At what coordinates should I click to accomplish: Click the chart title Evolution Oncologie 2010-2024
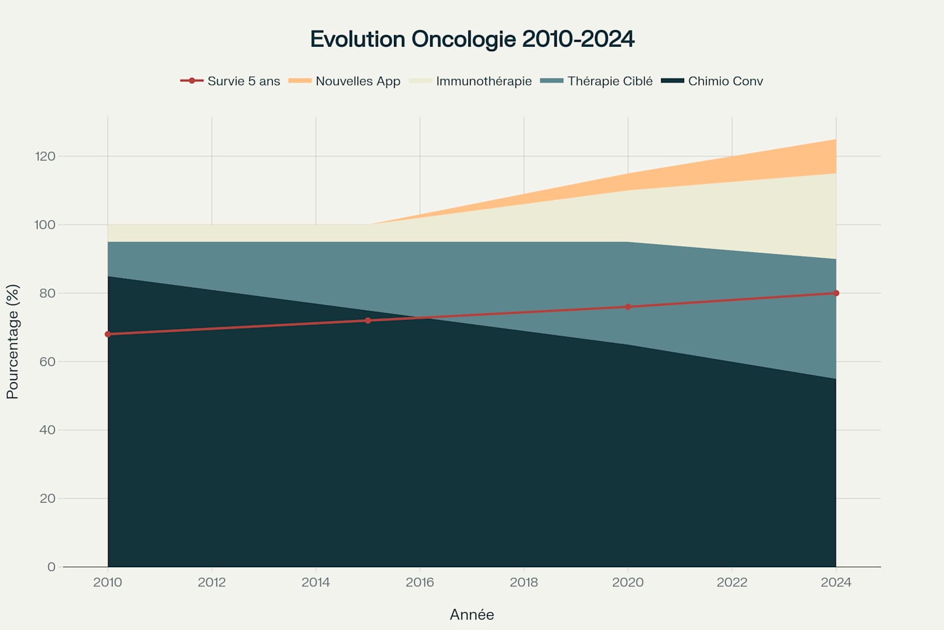[472, 39]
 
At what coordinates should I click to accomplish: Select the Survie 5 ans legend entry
[230, 81]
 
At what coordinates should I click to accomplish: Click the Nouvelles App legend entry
[345, 81]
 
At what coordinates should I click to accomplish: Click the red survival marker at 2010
[108, 334]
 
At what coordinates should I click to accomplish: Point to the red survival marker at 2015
[368, 321]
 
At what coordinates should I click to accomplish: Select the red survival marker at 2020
[628, 306]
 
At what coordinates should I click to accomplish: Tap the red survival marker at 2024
[836, 293]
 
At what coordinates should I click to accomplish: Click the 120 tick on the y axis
[45, 156]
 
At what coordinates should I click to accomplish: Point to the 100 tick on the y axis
[45, 225]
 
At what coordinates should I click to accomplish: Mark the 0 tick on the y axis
[51, 567]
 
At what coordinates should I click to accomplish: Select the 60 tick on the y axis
[47, 362]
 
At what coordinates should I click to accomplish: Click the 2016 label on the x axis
[420, 582]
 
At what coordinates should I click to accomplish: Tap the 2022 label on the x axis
[732, 582]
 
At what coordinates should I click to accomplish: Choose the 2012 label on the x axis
[212, 582]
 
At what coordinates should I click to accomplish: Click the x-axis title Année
[472, 615]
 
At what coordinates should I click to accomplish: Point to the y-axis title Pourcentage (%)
[13, 341]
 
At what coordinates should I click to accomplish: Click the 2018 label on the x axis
[524, 582]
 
